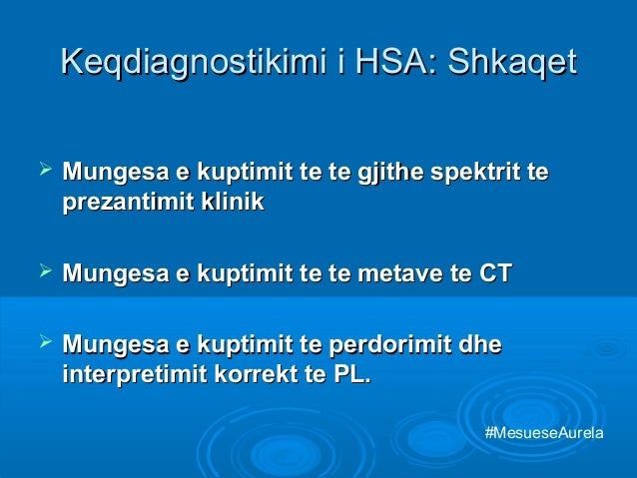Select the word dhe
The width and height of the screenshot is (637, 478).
coord(480,346)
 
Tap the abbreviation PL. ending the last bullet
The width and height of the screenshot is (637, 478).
coord(350,376)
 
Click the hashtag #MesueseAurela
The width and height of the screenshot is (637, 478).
coord(544,432)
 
